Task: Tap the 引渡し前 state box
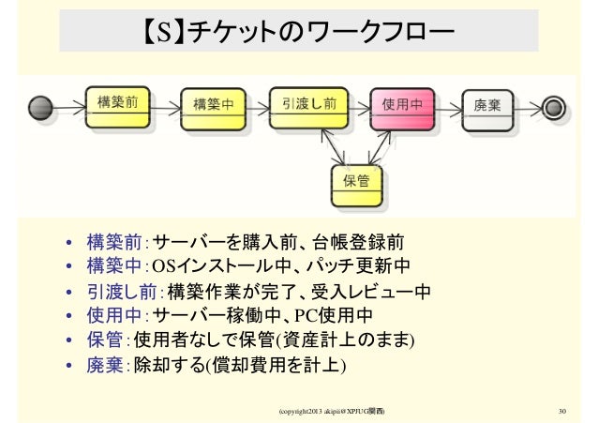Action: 308,106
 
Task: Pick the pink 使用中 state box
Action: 403,107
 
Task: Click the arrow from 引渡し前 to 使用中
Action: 356,107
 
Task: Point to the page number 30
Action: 562,411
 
